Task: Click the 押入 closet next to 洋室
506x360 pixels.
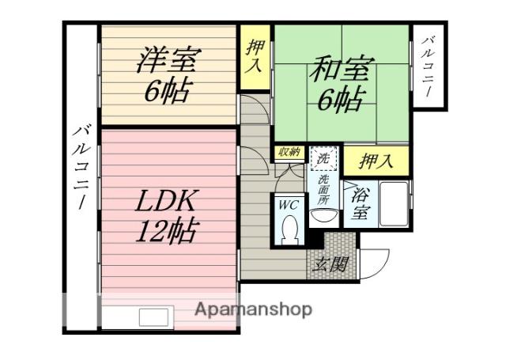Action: pyautogui.click(x=254, y=55)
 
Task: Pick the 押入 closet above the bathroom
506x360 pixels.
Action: pyautogui.click(x=376, y=161)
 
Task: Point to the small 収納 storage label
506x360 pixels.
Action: pyautogui.click(x=287, y=153)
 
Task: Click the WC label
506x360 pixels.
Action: pyautogui.click(x=287, y=204)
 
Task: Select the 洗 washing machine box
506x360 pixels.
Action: pyautogui.click(x=323, y=158)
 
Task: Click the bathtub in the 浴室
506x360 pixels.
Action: pyautogui.click(x=393, y=203)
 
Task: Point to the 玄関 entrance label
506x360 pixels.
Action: pyautogui.click(x=330, y=265)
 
